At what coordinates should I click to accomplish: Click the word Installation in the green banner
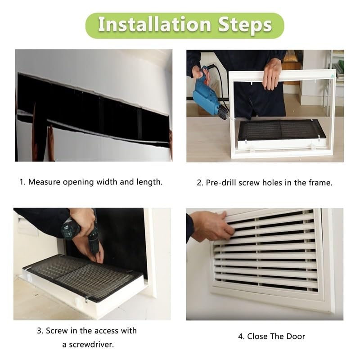coord(154,24)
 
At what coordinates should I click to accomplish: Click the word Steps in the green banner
coord(245,25)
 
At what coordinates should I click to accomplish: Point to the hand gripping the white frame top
coord(272,74)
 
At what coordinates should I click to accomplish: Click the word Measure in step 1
coord(44,182)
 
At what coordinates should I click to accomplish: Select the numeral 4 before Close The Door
coord(240,336)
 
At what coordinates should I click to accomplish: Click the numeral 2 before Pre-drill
coord(199,183)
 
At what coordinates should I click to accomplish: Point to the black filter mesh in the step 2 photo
coord(280,130)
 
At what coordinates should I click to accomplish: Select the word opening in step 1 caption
coord(78,182)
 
